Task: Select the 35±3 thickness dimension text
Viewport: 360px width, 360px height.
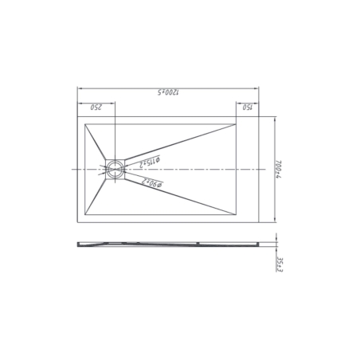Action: click(280, 262)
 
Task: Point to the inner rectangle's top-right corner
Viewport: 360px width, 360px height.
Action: click(237, 124)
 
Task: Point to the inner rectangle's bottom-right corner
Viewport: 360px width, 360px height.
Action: click(237, 215)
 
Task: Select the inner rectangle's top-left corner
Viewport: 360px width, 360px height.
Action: click(84, 124)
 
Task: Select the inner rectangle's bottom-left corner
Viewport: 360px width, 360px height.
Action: click(84, 215)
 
